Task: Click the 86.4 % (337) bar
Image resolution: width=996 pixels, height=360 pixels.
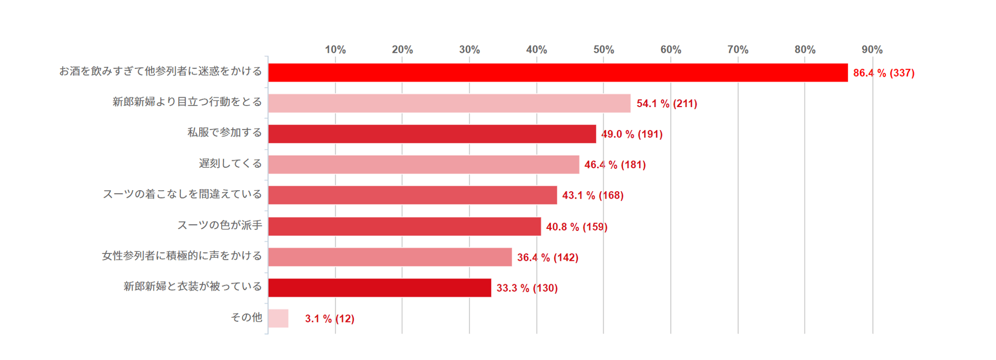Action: [x=558, y=73]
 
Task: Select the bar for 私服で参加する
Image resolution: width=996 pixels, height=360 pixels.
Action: [x=432, y=134]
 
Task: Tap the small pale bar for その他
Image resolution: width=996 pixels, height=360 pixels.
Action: [x=278, y=318]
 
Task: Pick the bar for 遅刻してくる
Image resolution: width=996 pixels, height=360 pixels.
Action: [x=423, y=165]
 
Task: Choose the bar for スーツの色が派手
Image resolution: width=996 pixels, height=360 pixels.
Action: [x=404, y=226]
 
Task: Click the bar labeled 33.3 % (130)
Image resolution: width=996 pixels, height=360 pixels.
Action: [x=379, y=287]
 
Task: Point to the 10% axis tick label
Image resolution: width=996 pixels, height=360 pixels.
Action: [x=335, y=50]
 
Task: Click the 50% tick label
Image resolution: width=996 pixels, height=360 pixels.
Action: [x=604, y=50]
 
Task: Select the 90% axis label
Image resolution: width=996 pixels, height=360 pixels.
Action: [x=872, y=50]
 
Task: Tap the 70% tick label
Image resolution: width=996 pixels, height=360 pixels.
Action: [x=738, y=50]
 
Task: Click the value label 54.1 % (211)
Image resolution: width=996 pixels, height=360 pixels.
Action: [x=667, y=103]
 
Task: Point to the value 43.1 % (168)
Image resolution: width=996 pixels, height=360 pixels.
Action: [x=593, y=195]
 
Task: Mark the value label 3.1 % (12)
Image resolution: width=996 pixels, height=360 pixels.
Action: [x=330, y=319]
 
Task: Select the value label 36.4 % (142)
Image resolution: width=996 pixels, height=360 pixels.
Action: [x=548, y=258]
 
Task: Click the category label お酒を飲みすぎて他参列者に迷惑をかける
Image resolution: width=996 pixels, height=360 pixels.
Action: [x=160, y=71]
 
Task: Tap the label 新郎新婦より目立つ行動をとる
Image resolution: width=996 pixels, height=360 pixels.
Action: [x=187, y=102]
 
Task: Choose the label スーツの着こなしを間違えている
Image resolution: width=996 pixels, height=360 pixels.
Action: [x=182, y=194]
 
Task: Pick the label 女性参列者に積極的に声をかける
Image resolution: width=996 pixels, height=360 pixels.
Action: [x=182, y=256]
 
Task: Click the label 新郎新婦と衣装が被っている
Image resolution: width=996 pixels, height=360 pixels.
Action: [x=192, y=286]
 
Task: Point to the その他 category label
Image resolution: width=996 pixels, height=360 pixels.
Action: [x=246, y=317]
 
